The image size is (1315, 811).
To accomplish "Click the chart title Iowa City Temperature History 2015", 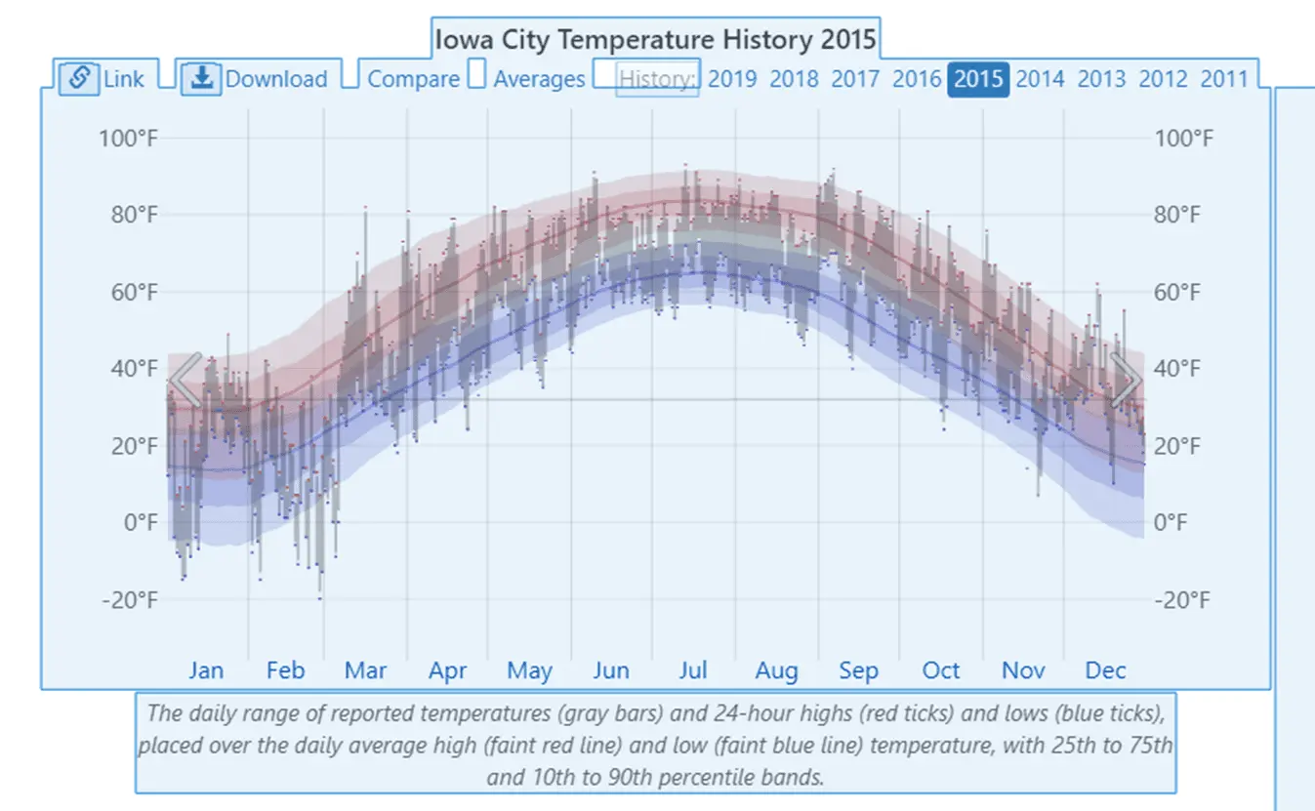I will [x=655, y=41].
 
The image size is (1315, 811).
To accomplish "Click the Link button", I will [x=102, y=79].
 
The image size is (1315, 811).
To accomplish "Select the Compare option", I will [x=413, y=79].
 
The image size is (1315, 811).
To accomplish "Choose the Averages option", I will [x=539, y=79].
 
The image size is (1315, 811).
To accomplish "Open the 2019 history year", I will [x=731, y=79].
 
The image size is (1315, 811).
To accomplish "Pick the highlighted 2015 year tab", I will [x=978, y=79].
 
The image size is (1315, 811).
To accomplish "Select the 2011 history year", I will [x=1224, y=79].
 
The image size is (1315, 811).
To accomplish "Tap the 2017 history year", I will [x=855, y=79].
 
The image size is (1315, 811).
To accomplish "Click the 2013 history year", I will [x=1101, y=79].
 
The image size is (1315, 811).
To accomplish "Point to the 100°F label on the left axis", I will [x=128, y=138].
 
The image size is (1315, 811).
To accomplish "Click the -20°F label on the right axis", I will [x=1181, y=599].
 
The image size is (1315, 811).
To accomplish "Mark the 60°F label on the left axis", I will [x=133, y=292].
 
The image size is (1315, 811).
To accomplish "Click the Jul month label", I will [x=693, y=671].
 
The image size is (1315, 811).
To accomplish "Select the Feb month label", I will [x=285, y=671].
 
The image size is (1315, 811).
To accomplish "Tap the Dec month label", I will [x=1105, y=671].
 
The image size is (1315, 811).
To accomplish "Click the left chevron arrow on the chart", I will [x=185, y=380].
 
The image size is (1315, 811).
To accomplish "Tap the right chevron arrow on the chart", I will [x=1126, y=380].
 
